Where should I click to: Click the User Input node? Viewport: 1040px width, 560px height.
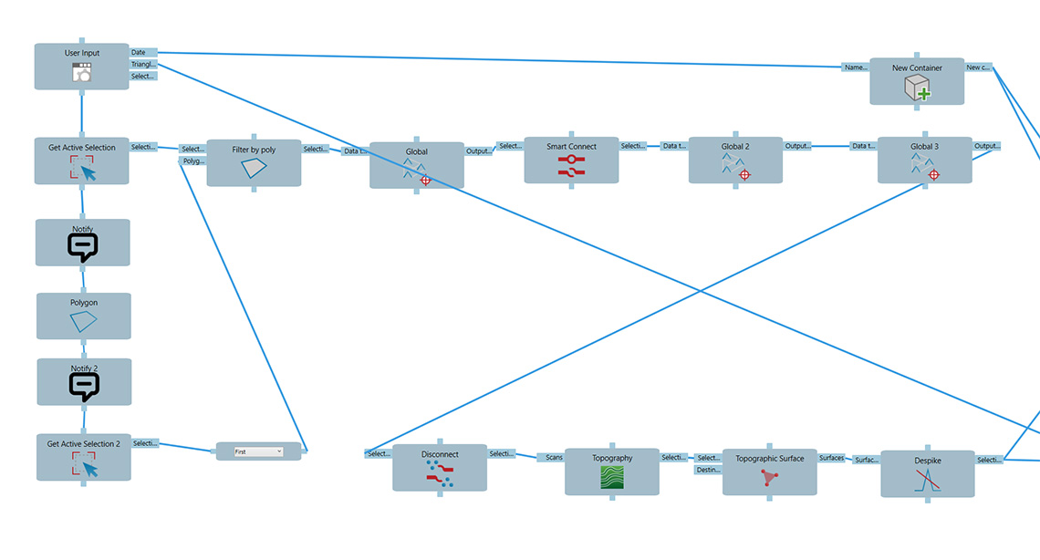82,67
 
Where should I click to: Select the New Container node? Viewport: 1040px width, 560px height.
917,81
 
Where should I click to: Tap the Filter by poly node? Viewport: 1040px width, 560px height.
254,163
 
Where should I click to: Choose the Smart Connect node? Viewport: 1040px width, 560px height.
571,161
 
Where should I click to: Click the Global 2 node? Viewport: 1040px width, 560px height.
735,161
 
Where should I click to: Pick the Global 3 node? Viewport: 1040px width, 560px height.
924,161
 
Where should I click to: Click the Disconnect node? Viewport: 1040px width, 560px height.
440,468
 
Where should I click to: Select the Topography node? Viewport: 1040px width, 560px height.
611,472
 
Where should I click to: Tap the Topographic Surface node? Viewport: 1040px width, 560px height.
769,472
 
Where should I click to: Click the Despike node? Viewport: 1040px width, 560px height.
927,473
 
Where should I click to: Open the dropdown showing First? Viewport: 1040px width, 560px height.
258,451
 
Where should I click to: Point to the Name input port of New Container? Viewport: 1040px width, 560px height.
855,67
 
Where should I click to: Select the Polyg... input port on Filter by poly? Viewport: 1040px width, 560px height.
192,161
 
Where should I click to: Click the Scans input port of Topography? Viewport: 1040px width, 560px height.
554,458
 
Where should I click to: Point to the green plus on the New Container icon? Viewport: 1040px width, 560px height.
923,93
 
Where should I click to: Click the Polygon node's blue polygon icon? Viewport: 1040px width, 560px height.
83,321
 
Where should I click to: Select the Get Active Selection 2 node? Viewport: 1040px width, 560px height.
83,457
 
